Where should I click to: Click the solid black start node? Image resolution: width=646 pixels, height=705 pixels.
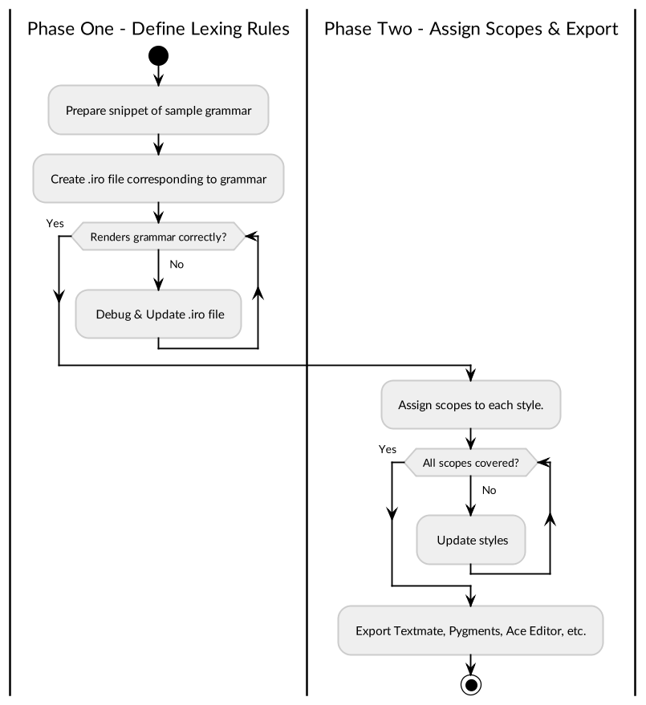158,56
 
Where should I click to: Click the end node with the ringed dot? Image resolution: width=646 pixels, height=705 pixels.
471,683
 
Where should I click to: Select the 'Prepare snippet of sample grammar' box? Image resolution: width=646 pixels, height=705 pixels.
158,111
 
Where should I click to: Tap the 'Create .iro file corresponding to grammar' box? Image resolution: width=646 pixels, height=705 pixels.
158,179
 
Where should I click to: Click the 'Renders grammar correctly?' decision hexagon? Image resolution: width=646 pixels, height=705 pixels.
158,237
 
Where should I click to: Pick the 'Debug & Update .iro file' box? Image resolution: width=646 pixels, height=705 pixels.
158,314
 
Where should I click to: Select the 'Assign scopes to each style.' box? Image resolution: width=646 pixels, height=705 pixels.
471,404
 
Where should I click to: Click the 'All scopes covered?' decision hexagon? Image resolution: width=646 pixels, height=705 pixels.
471,463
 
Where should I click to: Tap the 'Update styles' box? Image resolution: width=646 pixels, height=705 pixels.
471,540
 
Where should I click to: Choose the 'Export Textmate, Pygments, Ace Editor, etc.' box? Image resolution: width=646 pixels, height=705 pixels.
471,630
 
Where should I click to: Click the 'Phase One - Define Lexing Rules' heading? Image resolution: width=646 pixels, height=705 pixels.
158,30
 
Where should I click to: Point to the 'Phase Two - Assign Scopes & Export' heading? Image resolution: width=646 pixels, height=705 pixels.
471,30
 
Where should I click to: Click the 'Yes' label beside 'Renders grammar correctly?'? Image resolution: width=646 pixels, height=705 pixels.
55,224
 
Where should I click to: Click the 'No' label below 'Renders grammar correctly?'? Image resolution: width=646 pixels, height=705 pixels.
177,264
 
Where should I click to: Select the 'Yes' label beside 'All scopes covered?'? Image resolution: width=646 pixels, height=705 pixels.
388,450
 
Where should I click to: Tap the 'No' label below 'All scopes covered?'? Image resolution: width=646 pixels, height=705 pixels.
490,490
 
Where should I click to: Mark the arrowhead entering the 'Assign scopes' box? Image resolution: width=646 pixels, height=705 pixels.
471,374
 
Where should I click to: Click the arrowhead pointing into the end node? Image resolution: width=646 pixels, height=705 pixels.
471,667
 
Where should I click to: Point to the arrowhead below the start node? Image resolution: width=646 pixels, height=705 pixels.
158,78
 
